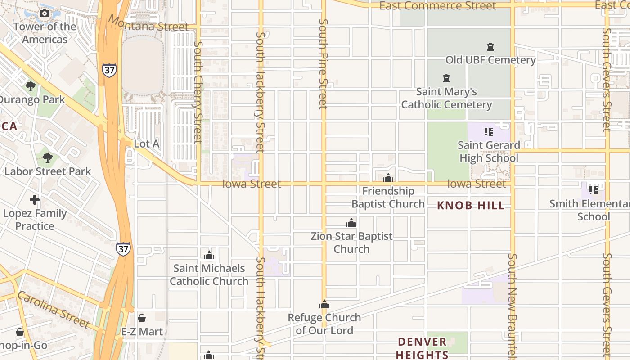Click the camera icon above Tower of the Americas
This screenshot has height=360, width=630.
click(x=44, y=13)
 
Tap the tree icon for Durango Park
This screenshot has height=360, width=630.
click(x=31, y=86)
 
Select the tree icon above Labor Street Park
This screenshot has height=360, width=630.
click(x=47, y=157)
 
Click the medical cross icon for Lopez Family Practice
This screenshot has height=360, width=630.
click(x=35, y=199)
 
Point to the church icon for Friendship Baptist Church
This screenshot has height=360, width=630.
click(x=388, y=178)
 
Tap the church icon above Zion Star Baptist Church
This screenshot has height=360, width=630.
click(x=351, y=223)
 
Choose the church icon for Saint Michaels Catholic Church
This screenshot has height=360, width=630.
click(x=209, y=255)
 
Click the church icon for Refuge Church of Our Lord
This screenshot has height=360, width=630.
click(x=324, y=304)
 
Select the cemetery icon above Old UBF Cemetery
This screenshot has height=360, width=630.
click(x=490, y=46)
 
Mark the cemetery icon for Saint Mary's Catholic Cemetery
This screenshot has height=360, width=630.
click(x=446, y=78)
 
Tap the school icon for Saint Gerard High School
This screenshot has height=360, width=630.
click(x=488, y=132)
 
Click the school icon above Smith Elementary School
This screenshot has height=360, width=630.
click(x=594, y=190)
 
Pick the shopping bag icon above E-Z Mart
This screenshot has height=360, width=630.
click(x=142, y=318)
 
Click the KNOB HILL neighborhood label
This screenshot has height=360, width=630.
click(x=471, y=206)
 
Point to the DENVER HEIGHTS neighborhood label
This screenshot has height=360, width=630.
click(x=422, y=348)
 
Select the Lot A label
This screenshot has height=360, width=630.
click(x=147, y=144)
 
